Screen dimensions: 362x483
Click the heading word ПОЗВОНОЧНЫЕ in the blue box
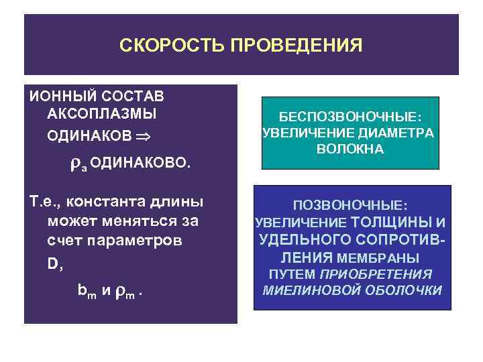352,204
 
